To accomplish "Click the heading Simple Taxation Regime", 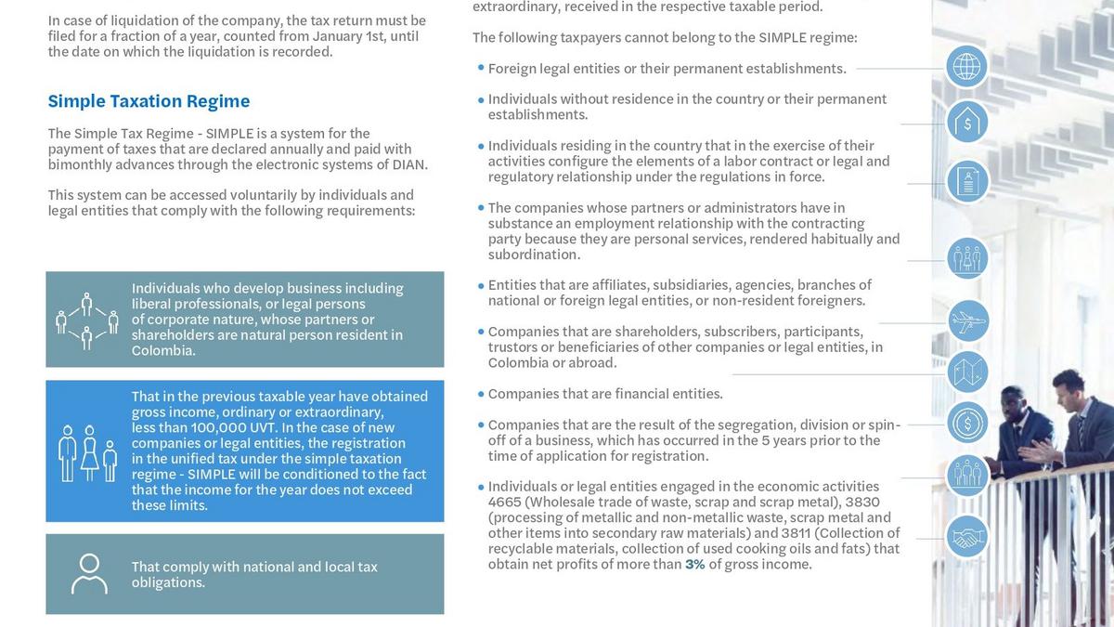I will tap(149, 101).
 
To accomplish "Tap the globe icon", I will tap(967, 67).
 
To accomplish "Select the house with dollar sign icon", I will tap(967, 123).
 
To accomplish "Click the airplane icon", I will tap(967, 321).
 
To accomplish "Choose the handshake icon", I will tap(967, 537).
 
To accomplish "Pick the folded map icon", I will tap(967, 372).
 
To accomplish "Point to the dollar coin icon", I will tap(967, 423).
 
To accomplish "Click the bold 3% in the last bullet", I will tap(694, 564).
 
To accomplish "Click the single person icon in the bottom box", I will tap(89, 573).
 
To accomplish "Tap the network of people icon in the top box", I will tap(86, 320).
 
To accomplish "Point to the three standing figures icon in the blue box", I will tap(88, 452).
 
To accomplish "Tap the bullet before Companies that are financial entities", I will tap(481, 394).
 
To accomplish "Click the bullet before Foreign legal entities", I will tap(481, 68).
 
